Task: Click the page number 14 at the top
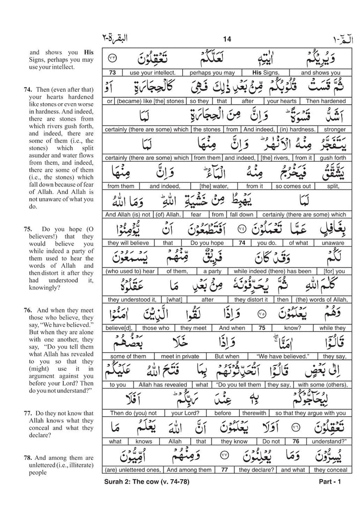228,40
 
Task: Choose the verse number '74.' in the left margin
28,90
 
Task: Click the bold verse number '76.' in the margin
28,309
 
